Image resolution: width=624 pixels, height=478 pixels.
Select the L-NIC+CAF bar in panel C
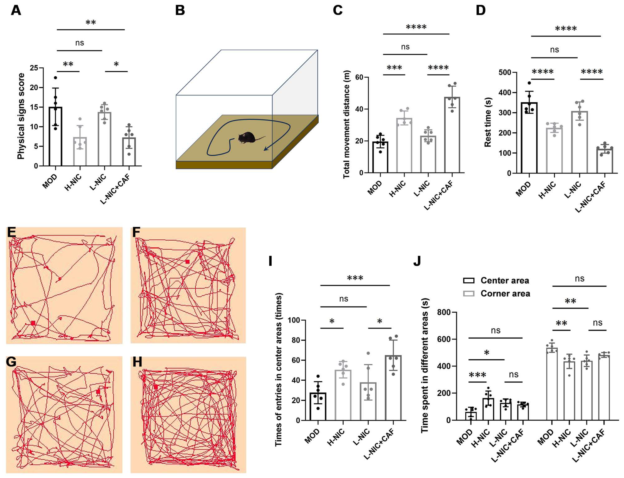click(452, 135)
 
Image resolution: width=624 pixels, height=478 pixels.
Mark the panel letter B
click(180, 11)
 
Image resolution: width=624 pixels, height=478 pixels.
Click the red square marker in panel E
click(33, 323)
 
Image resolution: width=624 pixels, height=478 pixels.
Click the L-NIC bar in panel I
click(368, 401)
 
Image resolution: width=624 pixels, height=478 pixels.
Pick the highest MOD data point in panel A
click(55, 78)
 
